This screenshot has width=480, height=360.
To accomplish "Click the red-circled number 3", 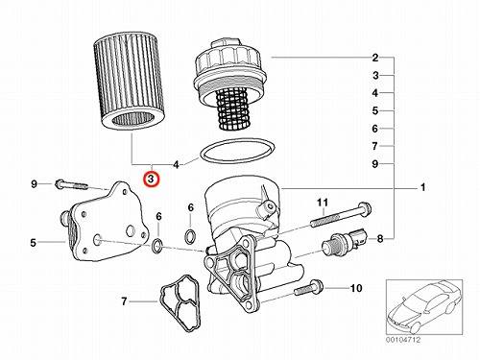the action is [x=151, y=180].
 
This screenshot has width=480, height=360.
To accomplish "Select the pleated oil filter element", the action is [x=129, y=82].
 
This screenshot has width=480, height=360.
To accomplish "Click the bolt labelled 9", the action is [x=71, y=185].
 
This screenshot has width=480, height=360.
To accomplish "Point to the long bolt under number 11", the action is [x=341, y=214].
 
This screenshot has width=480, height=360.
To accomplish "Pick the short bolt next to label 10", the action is [x=309, y=287].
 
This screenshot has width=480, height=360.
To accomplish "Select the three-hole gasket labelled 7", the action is [x=180, y=302].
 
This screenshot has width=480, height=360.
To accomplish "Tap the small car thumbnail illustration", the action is [x=424, y=307].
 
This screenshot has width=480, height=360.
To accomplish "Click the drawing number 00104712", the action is [x=403, y=340].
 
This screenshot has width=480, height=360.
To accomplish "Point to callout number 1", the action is [x=422, y=187].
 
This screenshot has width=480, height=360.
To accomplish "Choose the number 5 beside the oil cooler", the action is [x=34, y=243].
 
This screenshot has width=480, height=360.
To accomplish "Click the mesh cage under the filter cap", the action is [x=232, y=109].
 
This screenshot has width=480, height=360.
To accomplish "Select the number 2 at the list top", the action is [x=375, y=58].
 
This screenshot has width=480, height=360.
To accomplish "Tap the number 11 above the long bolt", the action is [x=323, y=203].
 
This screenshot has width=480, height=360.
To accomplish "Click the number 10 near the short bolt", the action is [x=356, y=288].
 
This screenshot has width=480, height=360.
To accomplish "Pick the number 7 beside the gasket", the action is [x=124, y=301].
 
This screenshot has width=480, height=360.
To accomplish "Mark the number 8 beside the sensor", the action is [x=380, y=239].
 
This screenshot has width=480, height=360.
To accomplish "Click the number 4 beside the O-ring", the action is [x=176, y=165].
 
